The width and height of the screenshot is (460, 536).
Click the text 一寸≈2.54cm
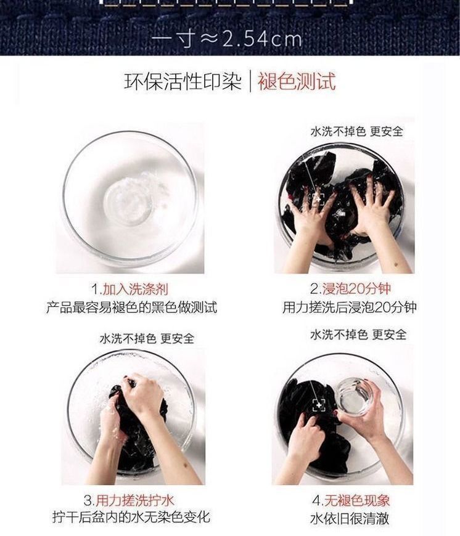coord(227,39)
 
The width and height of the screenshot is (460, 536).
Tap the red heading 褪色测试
coord(297,82)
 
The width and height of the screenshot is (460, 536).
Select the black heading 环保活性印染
coord(183,82)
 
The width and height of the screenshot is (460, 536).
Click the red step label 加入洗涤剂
coord(136,289)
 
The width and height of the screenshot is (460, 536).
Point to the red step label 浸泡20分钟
coord(356,289)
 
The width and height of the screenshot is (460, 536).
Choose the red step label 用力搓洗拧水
coord(135,501)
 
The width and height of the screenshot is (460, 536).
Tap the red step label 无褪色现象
coord(356,501)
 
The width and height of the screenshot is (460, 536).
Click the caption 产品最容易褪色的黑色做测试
coord(132,307)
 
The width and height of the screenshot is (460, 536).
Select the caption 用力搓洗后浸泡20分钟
coord(350,307)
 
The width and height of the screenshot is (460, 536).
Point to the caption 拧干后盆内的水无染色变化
coord(131,516)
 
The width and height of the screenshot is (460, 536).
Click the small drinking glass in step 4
coord(354,397)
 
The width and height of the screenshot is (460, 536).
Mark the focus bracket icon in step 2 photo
coord(318,198)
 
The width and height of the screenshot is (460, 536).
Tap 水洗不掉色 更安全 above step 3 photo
coord(147,338)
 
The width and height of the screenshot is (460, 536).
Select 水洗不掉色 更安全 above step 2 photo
coord(356,131)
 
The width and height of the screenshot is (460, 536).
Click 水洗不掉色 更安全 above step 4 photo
coord(358,334)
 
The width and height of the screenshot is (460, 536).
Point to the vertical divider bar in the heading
coord(250,82)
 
